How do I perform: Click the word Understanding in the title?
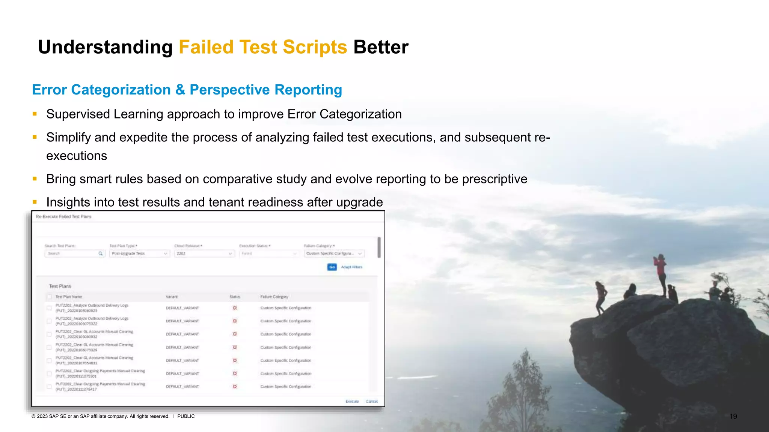coord(105,48)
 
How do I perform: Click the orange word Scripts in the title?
coord(315,48)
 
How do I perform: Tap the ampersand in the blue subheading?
coord(180,90)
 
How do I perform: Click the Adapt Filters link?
coord(352,267)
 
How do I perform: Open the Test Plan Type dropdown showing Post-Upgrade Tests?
coord(139,254)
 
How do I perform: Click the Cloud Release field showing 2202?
coord(204,254)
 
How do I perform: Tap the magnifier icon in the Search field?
coord(101,254)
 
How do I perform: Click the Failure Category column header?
coord(274,297)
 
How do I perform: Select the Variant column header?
coord(172,297)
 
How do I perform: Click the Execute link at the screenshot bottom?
coord(352,401)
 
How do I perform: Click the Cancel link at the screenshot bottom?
coord(372,401)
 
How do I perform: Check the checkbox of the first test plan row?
coord(49,308)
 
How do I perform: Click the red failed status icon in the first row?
coord(235,308)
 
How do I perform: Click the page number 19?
coord(733,416)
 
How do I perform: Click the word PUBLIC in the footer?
coord(186,416)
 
